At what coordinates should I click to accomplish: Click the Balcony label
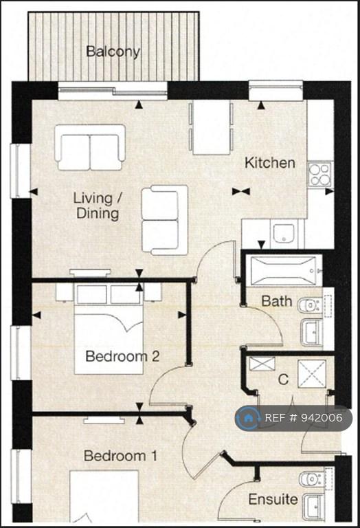113,52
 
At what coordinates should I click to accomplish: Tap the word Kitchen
270,163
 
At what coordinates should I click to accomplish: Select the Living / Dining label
98,206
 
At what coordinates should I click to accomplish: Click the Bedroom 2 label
122,356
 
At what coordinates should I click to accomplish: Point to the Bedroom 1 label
120,456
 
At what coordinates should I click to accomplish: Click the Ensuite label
273,499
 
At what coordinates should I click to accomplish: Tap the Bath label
277,300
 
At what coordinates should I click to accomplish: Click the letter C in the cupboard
283,379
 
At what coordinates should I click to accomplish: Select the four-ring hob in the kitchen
320,175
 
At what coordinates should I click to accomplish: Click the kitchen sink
284,233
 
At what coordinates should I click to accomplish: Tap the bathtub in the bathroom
283,270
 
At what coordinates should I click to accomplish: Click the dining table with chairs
212,127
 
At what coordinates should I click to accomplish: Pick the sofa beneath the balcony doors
90,147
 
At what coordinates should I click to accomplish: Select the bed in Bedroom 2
109,329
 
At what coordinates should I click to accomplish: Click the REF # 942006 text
304,418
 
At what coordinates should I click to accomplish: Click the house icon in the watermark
248,418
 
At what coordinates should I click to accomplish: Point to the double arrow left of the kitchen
241,192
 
